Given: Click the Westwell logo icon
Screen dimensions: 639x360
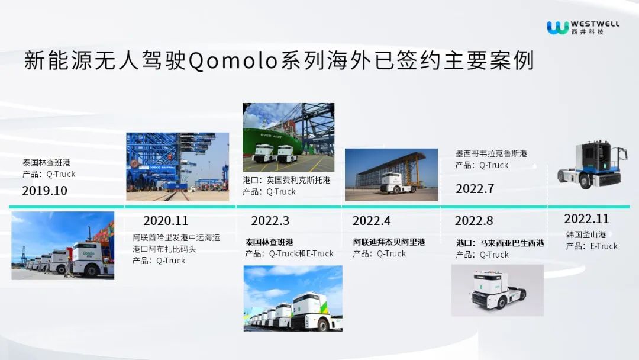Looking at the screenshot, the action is point(557,28).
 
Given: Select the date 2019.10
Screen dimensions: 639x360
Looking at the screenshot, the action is point(45,191).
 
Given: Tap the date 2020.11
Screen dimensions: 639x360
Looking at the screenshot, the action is point(166,221).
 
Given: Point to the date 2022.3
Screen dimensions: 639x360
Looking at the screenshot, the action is point(270,221).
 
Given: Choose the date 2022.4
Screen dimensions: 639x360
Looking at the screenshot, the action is point(371,221).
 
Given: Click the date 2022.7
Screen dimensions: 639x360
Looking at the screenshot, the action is point(475,188).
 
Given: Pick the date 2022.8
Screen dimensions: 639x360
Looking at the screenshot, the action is point(474,221).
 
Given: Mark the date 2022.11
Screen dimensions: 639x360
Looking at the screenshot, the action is point(586,219).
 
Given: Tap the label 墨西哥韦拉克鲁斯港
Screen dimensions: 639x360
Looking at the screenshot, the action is point(491,154).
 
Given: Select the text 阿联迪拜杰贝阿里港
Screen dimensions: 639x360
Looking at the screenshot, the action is point(389,242).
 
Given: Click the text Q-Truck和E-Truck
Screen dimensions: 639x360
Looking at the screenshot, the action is point(301,253).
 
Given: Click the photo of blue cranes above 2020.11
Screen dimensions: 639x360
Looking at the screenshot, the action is point(177,167).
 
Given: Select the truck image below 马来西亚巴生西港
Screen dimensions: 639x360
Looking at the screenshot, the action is point(497,290).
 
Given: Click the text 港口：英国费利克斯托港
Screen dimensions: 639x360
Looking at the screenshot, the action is point(286,180).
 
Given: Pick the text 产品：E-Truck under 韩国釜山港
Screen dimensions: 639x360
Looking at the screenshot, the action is point(591,246).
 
